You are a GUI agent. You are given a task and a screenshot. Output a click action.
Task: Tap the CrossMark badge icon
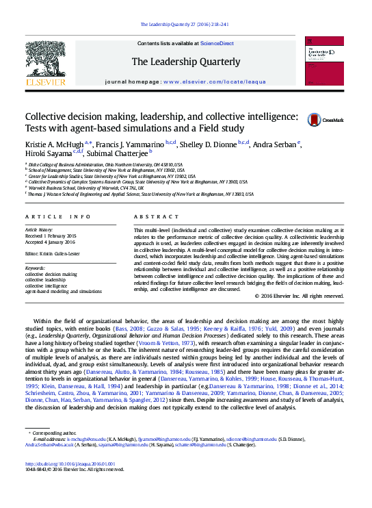[315, 120]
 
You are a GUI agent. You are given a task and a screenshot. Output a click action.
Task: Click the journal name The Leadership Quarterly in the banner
[185, 62]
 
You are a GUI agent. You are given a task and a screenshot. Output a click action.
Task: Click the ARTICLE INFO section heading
[58, 216]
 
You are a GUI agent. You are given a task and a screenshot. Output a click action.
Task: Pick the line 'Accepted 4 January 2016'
[52, 241]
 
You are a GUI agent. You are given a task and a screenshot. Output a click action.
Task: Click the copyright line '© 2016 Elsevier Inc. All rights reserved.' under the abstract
[298, 296]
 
